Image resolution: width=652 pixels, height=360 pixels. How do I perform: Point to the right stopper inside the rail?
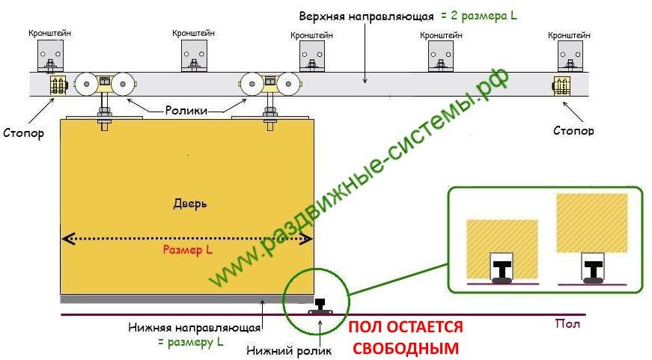coord(561,85)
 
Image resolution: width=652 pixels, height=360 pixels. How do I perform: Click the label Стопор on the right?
coord(574,130)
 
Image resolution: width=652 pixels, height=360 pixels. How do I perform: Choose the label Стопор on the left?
coord(22,135)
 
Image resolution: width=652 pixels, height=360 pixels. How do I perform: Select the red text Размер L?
coord(187,251)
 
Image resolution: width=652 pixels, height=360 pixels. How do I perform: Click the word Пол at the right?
coord(567,324)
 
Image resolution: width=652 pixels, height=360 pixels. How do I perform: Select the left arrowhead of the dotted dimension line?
coord(66,239)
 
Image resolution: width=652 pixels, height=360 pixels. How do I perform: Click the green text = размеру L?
coord(191,342)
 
